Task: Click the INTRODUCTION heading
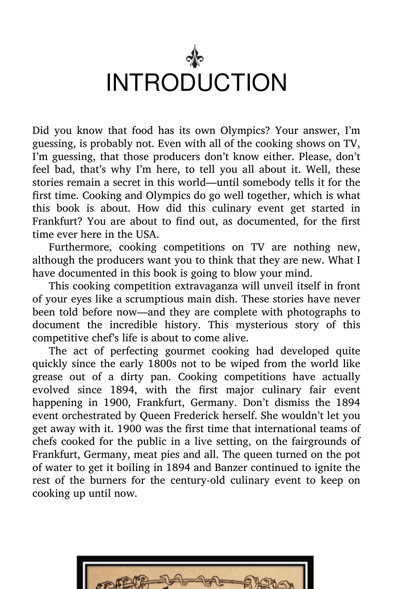[x=196, y=83]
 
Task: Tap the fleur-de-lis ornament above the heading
[x=195, y=57]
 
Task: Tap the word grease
[x=47, y=377]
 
